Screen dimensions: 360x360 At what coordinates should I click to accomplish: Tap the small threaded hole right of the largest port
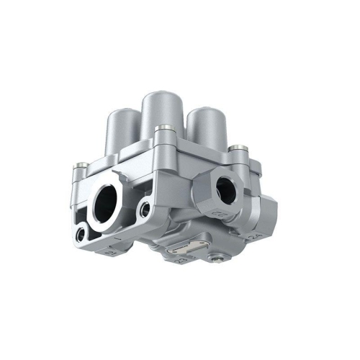145,209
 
